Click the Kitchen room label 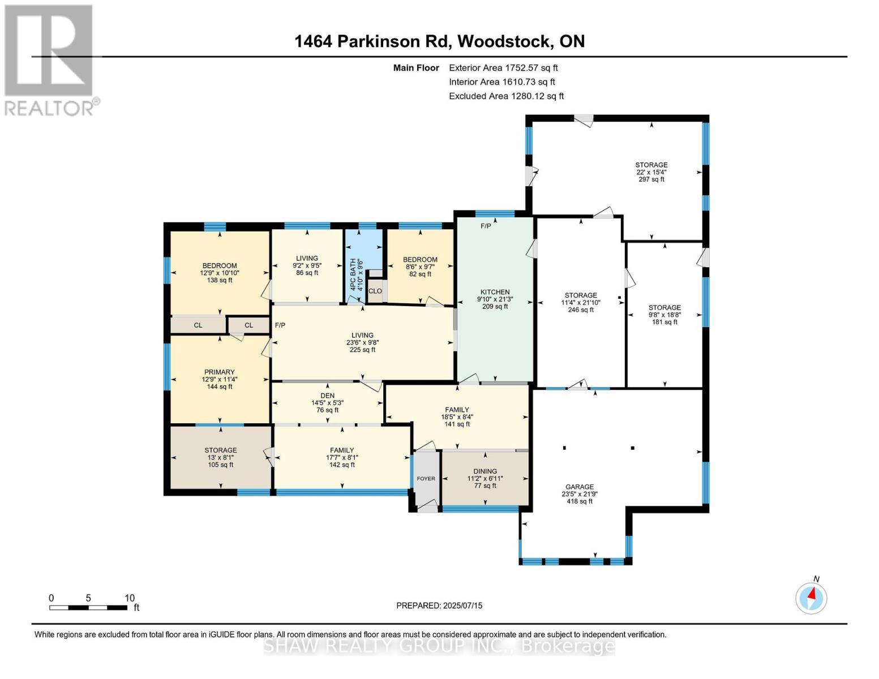pos(495,293)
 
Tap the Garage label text pos(580,487)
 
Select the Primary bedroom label pos(219,372)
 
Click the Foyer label pos(426,479)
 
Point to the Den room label pos(327,396)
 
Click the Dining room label pos(485,471)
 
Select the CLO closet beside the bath pos(375,291)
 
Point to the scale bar pos(88,608)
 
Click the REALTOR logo pos(49,59)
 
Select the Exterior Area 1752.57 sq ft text pos(503,68)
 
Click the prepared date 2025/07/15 pos(439,605)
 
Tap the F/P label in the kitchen pos(486,226)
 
